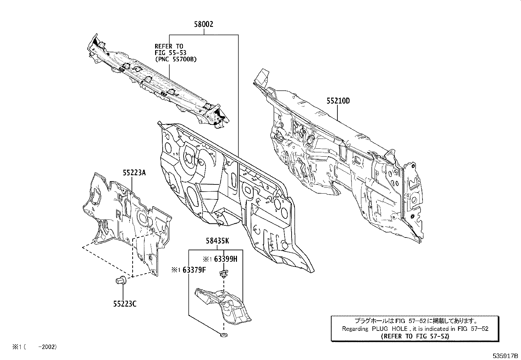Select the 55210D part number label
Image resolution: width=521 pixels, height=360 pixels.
tap(337, 101)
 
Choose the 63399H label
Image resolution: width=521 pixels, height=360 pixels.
tap(225, 259)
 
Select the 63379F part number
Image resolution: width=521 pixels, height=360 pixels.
tap(194, 270)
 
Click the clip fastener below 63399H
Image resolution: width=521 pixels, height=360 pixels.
tap(224, 274)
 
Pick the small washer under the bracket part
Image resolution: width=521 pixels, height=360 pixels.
tap(224, 335)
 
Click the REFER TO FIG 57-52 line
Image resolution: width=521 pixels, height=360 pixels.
tap(415, 336)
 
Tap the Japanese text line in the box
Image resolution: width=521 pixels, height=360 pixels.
tap(415, 321)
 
